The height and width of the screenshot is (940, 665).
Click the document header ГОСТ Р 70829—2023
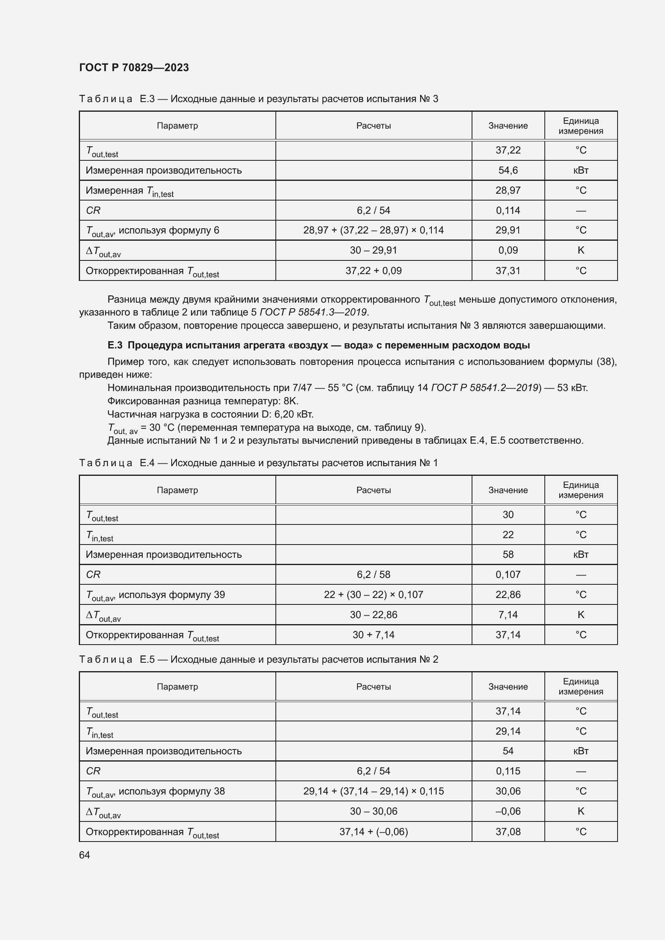click(134, 68)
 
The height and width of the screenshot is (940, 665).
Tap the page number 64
click(84, 855)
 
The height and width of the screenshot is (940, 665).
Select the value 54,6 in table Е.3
click(508, 170)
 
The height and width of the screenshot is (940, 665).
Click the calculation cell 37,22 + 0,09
click(374, 270)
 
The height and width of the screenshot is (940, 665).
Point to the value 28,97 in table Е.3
click(508, 190)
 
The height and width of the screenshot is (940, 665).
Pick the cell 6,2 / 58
click(374, 574)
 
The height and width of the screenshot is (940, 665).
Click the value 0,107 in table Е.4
click(508, 574)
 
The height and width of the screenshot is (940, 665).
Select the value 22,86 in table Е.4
click(508, 594)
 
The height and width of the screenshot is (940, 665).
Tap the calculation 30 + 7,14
click(374, 635)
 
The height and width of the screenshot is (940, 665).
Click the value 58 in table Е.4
click(508, 554)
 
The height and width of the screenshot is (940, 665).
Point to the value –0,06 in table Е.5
click(508, 811)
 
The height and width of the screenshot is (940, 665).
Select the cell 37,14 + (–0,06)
click(374, 831)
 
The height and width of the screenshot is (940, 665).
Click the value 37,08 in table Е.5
click(508, 831)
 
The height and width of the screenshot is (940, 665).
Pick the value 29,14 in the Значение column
click(508, 731)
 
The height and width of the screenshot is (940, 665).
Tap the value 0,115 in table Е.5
click(508, 771)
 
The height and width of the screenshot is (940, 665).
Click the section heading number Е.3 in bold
click(115, 345)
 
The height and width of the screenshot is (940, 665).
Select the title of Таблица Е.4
click(259, 463)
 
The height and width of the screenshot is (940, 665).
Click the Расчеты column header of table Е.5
click(374, 686)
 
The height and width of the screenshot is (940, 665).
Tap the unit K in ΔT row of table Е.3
click(581, 250)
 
